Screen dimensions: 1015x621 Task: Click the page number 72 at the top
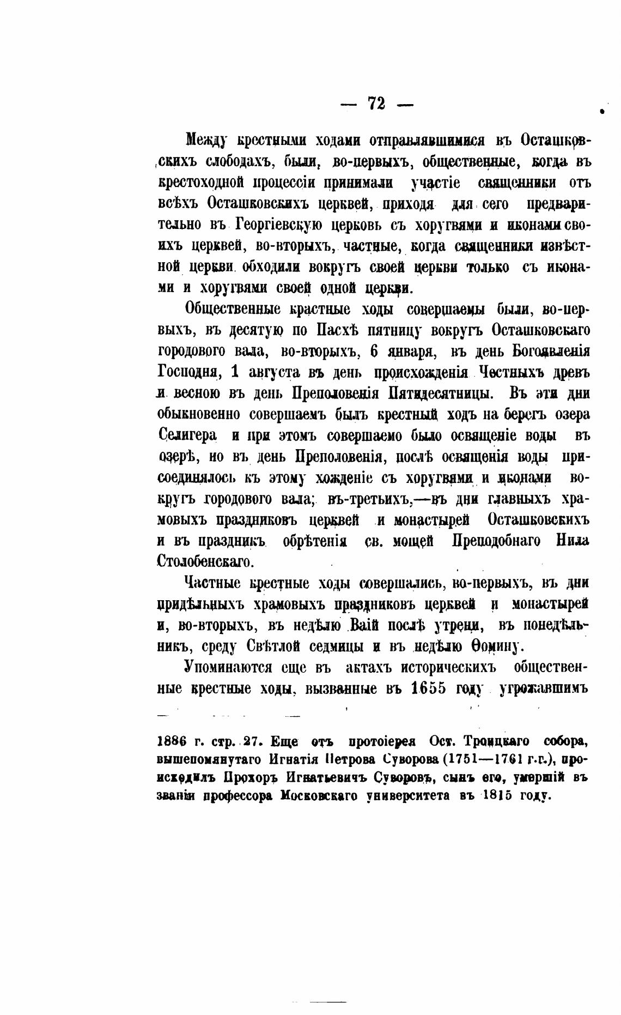click(376, 103)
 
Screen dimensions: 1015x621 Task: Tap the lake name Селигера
click(187, 436)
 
